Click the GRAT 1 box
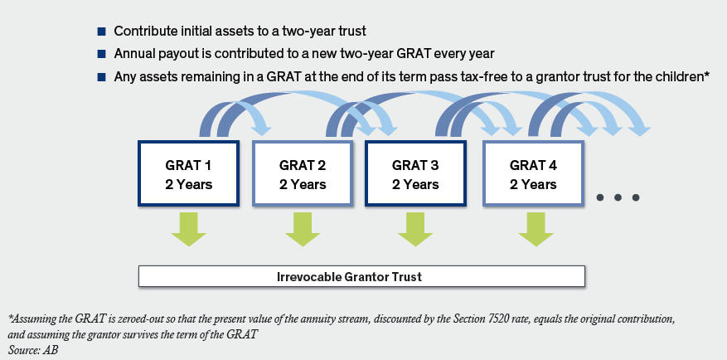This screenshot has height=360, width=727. (x=189, y=173)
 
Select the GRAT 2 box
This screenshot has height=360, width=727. (x=303, y=173)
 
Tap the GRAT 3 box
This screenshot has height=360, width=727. (x=415, y=173)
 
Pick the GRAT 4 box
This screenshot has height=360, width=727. (x=533, y=173)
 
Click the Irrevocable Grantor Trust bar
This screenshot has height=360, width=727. (x=361, y=277)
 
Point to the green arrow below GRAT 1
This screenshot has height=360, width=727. (x=189, y=229)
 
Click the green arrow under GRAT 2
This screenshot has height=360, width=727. (x=303, y=229)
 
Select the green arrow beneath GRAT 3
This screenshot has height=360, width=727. (x=415, y=229)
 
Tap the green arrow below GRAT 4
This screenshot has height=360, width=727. (x=536, y=229)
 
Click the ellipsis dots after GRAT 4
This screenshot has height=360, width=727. (x=618, y=197)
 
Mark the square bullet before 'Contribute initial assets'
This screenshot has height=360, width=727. (x=101, y=32)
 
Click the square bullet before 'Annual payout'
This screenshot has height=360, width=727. (x=101, y=54)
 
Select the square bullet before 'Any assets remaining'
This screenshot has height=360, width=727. (x=101, y=77)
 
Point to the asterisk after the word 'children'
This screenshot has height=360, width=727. (x=707, y=75)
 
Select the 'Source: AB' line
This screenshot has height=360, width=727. (x=32, y=350)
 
